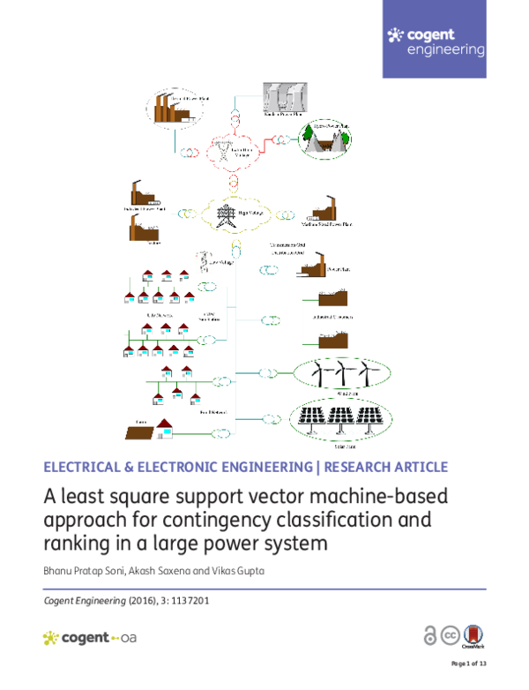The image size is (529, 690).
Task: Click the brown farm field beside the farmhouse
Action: coord(140,431)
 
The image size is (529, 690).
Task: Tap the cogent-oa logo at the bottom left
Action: coord(88,637)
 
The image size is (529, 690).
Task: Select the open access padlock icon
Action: coord(430,636)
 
